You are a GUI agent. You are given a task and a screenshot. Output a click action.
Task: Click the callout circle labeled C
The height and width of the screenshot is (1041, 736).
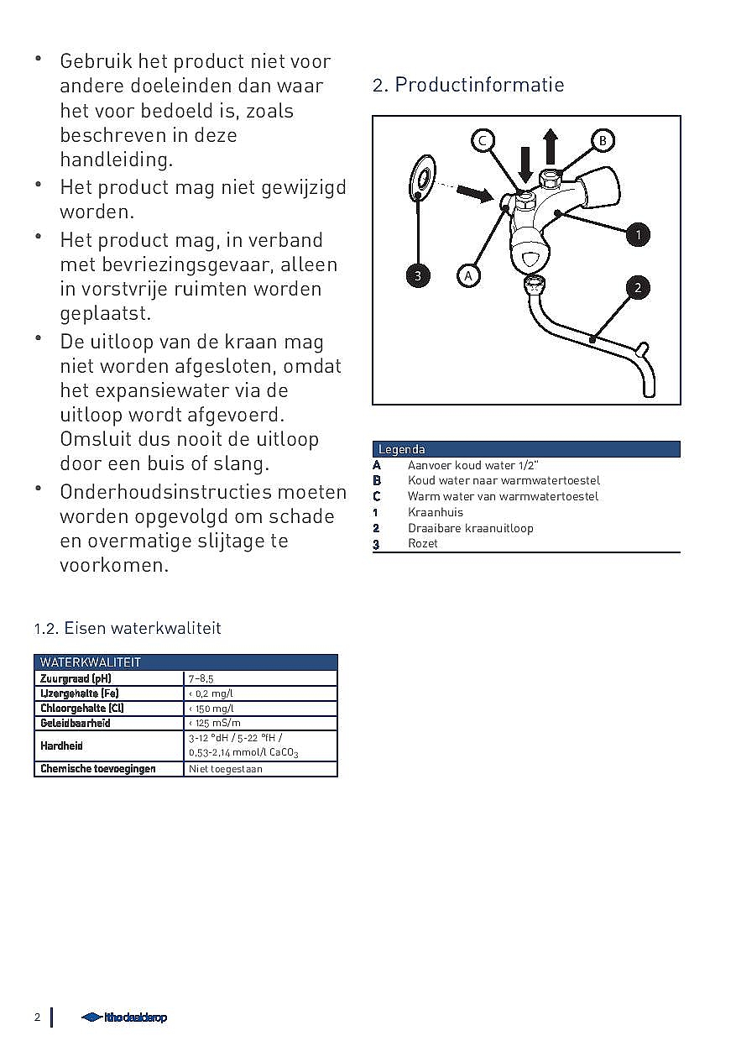[x=483, y=140]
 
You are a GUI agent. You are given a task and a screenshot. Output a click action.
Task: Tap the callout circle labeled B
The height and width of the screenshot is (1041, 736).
[x=602, y=140]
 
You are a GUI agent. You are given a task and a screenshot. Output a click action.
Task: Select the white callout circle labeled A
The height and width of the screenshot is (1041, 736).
[x=468, y=275]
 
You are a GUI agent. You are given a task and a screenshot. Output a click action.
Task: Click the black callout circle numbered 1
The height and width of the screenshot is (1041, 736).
[x=638, y=234]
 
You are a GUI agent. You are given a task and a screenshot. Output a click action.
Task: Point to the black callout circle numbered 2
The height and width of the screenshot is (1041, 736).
[x=638, y=288]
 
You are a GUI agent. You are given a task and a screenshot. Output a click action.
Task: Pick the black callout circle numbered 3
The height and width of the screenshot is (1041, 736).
[x=418, y=275]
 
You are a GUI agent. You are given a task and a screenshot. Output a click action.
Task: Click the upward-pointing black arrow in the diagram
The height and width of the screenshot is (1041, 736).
[x=551, y=146]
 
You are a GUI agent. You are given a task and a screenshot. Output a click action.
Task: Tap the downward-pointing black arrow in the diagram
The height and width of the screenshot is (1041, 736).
[x=525, y=164]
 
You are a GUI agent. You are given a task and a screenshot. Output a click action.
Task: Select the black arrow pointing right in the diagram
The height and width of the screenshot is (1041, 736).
[x=475, y=195]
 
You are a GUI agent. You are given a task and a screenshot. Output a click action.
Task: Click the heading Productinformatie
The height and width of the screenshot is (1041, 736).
[x=468, y=85]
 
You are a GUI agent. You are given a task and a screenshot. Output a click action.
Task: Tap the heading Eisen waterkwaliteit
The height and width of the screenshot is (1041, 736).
[x=128, y=628]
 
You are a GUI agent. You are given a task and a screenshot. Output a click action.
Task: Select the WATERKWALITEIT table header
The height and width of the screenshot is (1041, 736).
[x=91, y=662]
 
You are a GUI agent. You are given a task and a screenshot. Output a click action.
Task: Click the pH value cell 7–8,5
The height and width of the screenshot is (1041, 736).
[x=201, y=678]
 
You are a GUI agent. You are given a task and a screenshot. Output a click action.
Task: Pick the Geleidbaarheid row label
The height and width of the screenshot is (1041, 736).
[x=76, y=723]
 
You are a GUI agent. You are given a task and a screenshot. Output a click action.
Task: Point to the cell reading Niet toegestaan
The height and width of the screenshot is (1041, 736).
[x=226, y=768]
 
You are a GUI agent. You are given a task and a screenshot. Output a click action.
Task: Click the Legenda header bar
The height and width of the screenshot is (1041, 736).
[x=525, y=449]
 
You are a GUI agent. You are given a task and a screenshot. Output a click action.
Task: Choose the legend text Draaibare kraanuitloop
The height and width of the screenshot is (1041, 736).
[x=470, y=528]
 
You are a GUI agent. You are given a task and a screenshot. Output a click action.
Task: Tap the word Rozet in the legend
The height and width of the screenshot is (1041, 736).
[x=423, y=544]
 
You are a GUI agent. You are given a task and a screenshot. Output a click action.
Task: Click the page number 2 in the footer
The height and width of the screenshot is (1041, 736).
[x=37, y=1017]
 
